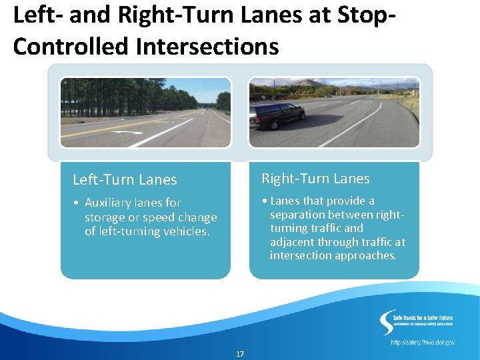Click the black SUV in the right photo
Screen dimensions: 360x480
(279, 115)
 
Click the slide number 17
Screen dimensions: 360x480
(240, 353)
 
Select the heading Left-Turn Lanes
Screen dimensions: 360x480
(125, 179)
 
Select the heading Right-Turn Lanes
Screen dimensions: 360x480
(315, 179)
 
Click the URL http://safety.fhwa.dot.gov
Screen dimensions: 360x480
(423, 342)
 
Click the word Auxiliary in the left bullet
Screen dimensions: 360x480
(109, 203)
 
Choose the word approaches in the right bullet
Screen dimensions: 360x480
(370, 255)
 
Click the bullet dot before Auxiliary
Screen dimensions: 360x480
(77, 203)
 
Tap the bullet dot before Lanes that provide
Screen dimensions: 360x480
(265, 201)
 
